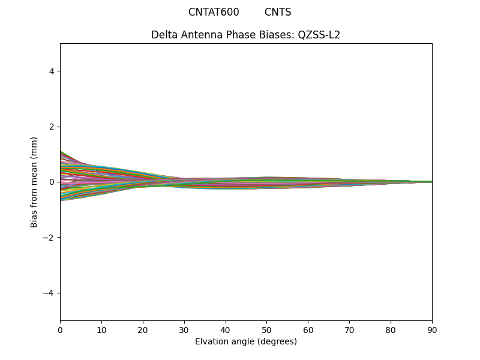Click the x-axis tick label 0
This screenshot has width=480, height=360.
[x=60, y=330]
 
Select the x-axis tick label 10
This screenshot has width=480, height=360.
[x=101, y=330]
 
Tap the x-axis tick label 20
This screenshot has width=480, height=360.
[x=143, y=330]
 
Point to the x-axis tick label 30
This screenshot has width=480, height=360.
[x=184, y=330]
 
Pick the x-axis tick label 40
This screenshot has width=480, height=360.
[x=226, y=330]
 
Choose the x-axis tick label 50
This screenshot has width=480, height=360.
[x=266, y=330]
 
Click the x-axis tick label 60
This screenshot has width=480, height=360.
[x=308, y=330]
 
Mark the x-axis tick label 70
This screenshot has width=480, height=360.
[x=349, y=330]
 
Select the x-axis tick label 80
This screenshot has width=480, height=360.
[x=391, y=330]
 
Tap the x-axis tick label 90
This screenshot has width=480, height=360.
[x=432, y=330]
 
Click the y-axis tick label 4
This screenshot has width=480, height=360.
[x=52, y=71]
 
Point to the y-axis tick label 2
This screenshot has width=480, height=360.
[x=52, y=127]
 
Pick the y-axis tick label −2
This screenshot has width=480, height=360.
[x=49, y=238]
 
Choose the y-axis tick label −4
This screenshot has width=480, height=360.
[x=49, y=293]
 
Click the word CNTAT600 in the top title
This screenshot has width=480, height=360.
[x=214, y=12]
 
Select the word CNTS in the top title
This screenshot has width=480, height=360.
[x=278, y=12]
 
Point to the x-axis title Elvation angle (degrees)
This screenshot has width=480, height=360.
[x=246, y=342]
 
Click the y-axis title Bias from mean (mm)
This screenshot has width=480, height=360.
[x=35, y=182]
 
